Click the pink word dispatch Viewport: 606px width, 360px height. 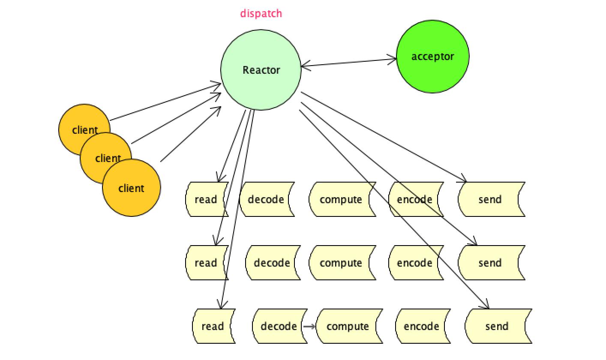[x=261, y=13]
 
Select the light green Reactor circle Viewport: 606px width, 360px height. [x=261, y=70]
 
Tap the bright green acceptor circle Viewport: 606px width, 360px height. [x=432, y=56]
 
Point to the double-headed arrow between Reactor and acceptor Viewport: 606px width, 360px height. [x=348, y=63]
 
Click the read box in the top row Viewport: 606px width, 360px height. [x=206, y=199]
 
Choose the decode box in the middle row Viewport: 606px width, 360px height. [x=272, y=263]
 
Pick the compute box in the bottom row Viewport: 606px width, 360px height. [x=348, y=326]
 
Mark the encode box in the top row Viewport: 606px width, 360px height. [x=414, y=199]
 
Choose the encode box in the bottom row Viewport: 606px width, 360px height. [x=421, y=326]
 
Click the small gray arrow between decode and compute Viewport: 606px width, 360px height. [x=309, y=327]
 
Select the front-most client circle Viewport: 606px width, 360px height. [x=132, y=188]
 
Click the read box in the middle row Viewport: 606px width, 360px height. [x=206, y=263]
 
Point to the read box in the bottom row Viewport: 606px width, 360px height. [x=213, y=326]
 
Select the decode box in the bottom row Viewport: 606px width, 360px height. [x=279, y=326]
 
